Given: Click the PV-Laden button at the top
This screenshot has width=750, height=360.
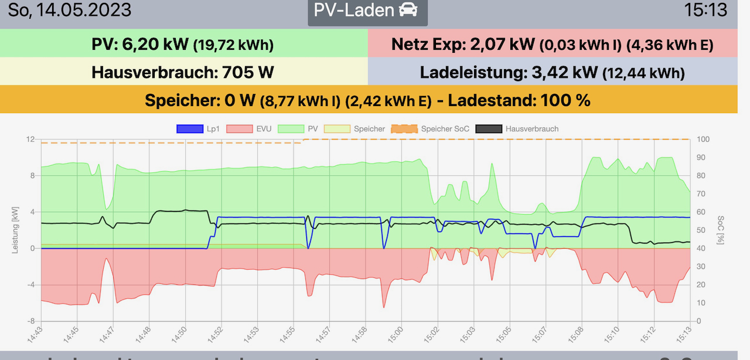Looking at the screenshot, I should [367, 11].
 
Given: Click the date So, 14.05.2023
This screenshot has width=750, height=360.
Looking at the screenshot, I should [69, 10].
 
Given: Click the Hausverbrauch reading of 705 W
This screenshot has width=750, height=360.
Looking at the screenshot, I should [248, 73].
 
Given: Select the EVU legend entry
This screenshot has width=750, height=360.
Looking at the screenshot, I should [252, 129].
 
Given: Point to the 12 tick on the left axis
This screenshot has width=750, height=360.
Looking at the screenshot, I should [30, 139].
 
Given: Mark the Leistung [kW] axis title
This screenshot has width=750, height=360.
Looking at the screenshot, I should [16, 229].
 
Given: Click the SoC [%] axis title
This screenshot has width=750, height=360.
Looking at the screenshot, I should [720, 229].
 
